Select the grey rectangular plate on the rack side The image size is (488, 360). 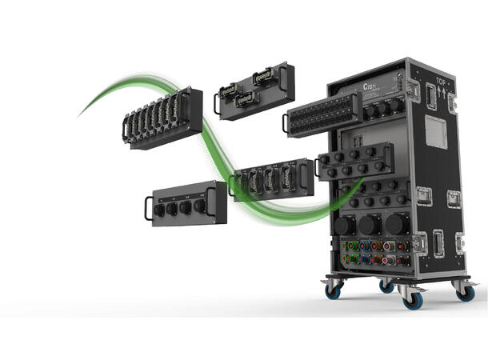tap(435, 130)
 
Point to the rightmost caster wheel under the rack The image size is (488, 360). tap(465, 291)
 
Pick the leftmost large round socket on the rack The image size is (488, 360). tap(345, 225)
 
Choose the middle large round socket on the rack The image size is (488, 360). tap(370, 224)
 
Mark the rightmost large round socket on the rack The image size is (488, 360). tap(395, 223)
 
